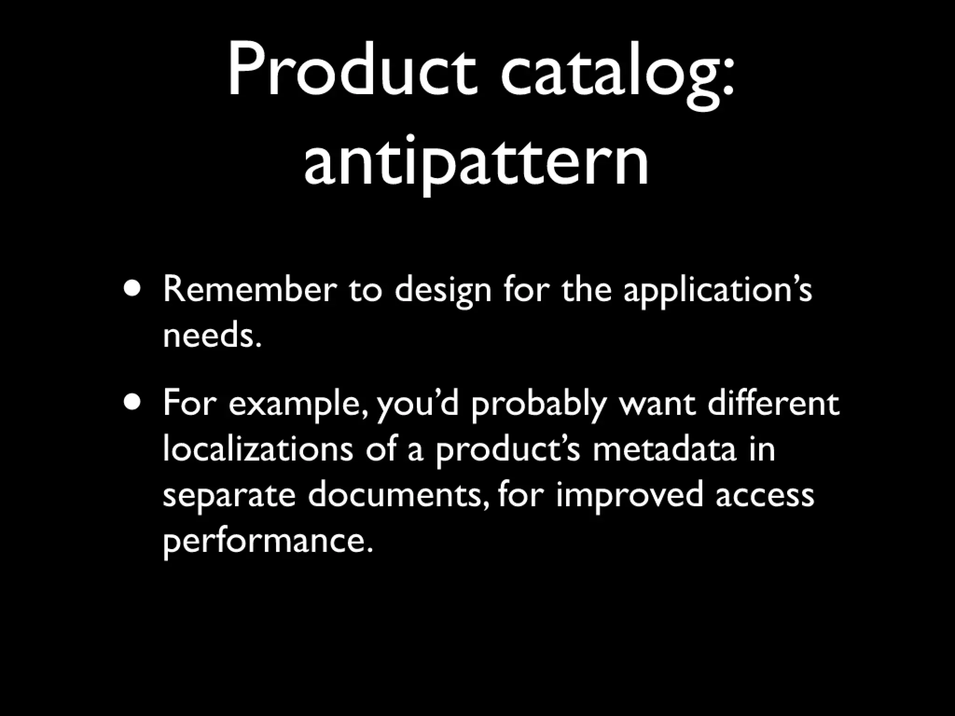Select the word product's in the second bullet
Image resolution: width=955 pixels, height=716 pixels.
[x=508, y=450]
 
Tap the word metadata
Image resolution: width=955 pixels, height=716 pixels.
[x=664, y=449]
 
